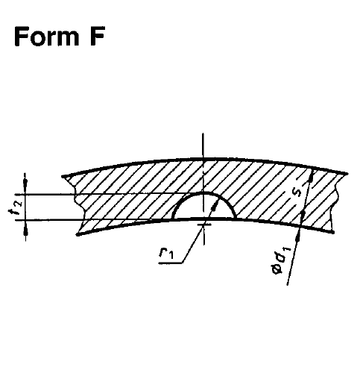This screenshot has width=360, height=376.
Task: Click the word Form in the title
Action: [x=46, y=37]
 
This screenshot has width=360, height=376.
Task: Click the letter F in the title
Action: [x=97, y=37]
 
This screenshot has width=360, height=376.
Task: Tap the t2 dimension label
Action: [x=16, y=207]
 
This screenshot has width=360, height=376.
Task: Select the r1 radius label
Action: [x=166, y=253]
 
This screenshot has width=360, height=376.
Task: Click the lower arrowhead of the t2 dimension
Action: [x=25, y=231]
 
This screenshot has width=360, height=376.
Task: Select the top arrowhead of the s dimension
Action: [x=311, y=176]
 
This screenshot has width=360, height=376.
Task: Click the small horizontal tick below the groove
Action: [x=203, y=225]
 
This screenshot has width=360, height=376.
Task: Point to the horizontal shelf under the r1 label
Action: [x=171, y=263]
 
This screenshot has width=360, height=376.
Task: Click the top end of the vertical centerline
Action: [x=203, y=134]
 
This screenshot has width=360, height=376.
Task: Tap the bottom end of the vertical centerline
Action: [x=203, y=244]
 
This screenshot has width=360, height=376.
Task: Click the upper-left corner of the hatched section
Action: [x=62, y=177]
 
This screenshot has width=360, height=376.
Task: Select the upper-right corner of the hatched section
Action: [x=347, y=173]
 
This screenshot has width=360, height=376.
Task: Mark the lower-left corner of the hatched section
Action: [x=78, y=234]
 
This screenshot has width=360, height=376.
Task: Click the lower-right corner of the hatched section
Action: [x=333, y=232]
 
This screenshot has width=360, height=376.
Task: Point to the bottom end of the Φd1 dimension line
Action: [x=288, y=284]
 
